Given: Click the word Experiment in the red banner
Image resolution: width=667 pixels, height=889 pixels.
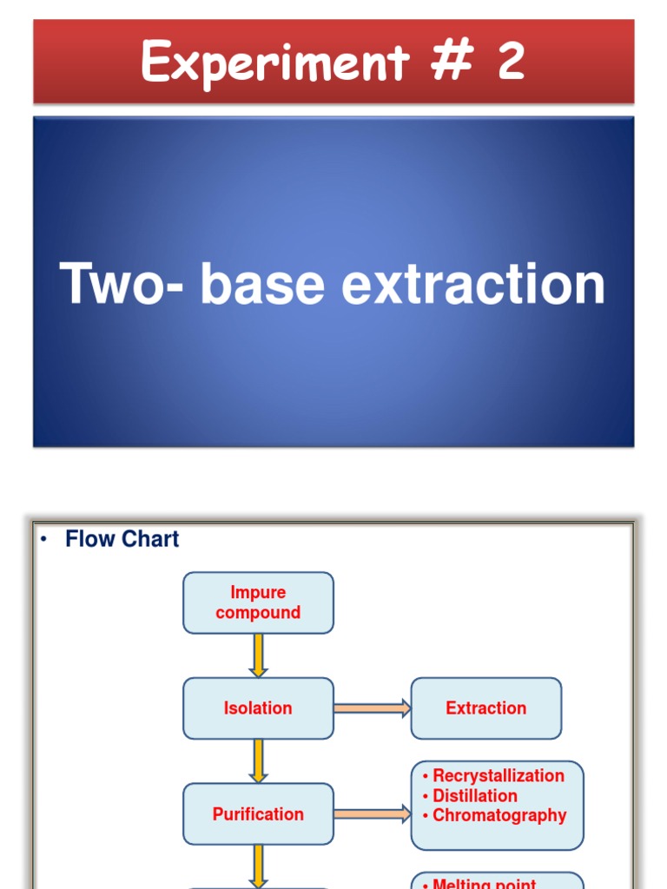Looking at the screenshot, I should click(x=261, y=63).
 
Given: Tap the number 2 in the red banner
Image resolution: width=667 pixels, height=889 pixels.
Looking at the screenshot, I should click(x=510, y=63).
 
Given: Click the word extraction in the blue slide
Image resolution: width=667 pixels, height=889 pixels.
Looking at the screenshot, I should click(x=473, y=285).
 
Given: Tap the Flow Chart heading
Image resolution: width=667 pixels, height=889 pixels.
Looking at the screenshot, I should click(x=122, y=539).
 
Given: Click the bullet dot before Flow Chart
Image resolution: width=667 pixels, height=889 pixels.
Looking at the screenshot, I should click(x=42, y=539).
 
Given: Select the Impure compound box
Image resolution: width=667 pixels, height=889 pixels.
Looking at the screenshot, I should click(x=258, y=603).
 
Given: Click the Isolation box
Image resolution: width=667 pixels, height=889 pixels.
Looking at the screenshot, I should click(x=258, y=708).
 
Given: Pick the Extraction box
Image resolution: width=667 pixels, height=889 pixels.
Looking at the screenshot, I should click(x=485, y=708).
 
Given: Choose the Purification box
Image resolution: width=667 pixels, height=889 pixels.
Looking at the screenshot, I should click(x=258, y=814).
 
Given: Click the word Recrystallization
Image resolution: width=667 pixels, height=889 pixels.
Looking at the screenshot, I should click(x=499, y=776).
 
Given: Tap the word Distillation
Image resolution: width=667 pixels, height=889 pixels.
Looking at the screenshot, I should click(x=475, y=796).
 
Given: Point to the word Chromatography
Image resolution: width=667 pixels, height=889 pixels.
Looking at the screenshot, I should click(x=499, y=816).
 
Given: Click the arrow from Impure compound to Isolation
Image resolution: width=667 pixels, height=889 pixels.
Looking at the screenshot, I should click(x=258, y=655).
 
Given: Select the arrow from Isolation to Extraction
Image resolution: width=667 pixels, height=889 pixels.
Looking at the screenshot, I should click(x=372, y=708).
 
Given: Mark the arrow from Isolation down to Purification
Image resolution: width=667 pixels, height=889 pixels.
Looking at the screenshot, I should click(x=258, y=761).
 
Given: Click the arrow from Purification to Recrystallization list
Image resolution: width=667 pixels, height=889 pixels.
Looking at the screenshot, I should click(x=372, y=814).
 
